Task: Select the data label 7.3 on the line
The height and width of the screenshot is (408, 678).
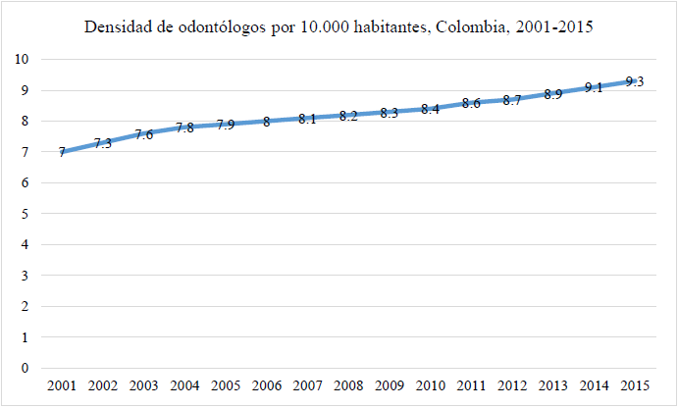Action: [102, 144]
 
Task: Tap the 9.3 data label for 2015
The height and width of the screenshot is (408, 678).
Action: [634, 82]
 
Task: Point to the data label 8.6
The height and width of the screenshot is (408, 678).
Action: [470, 104]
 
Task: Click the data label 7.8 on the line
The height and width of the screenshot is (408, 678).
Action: [183, 128]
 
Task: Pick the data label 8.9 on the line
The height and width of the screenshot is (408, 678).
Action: [552, 94]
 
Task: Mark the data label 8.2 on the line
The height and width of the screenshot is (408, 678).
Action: [347, 116]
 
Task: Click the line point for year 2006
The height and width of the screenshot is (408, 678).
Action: [266, 122]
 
